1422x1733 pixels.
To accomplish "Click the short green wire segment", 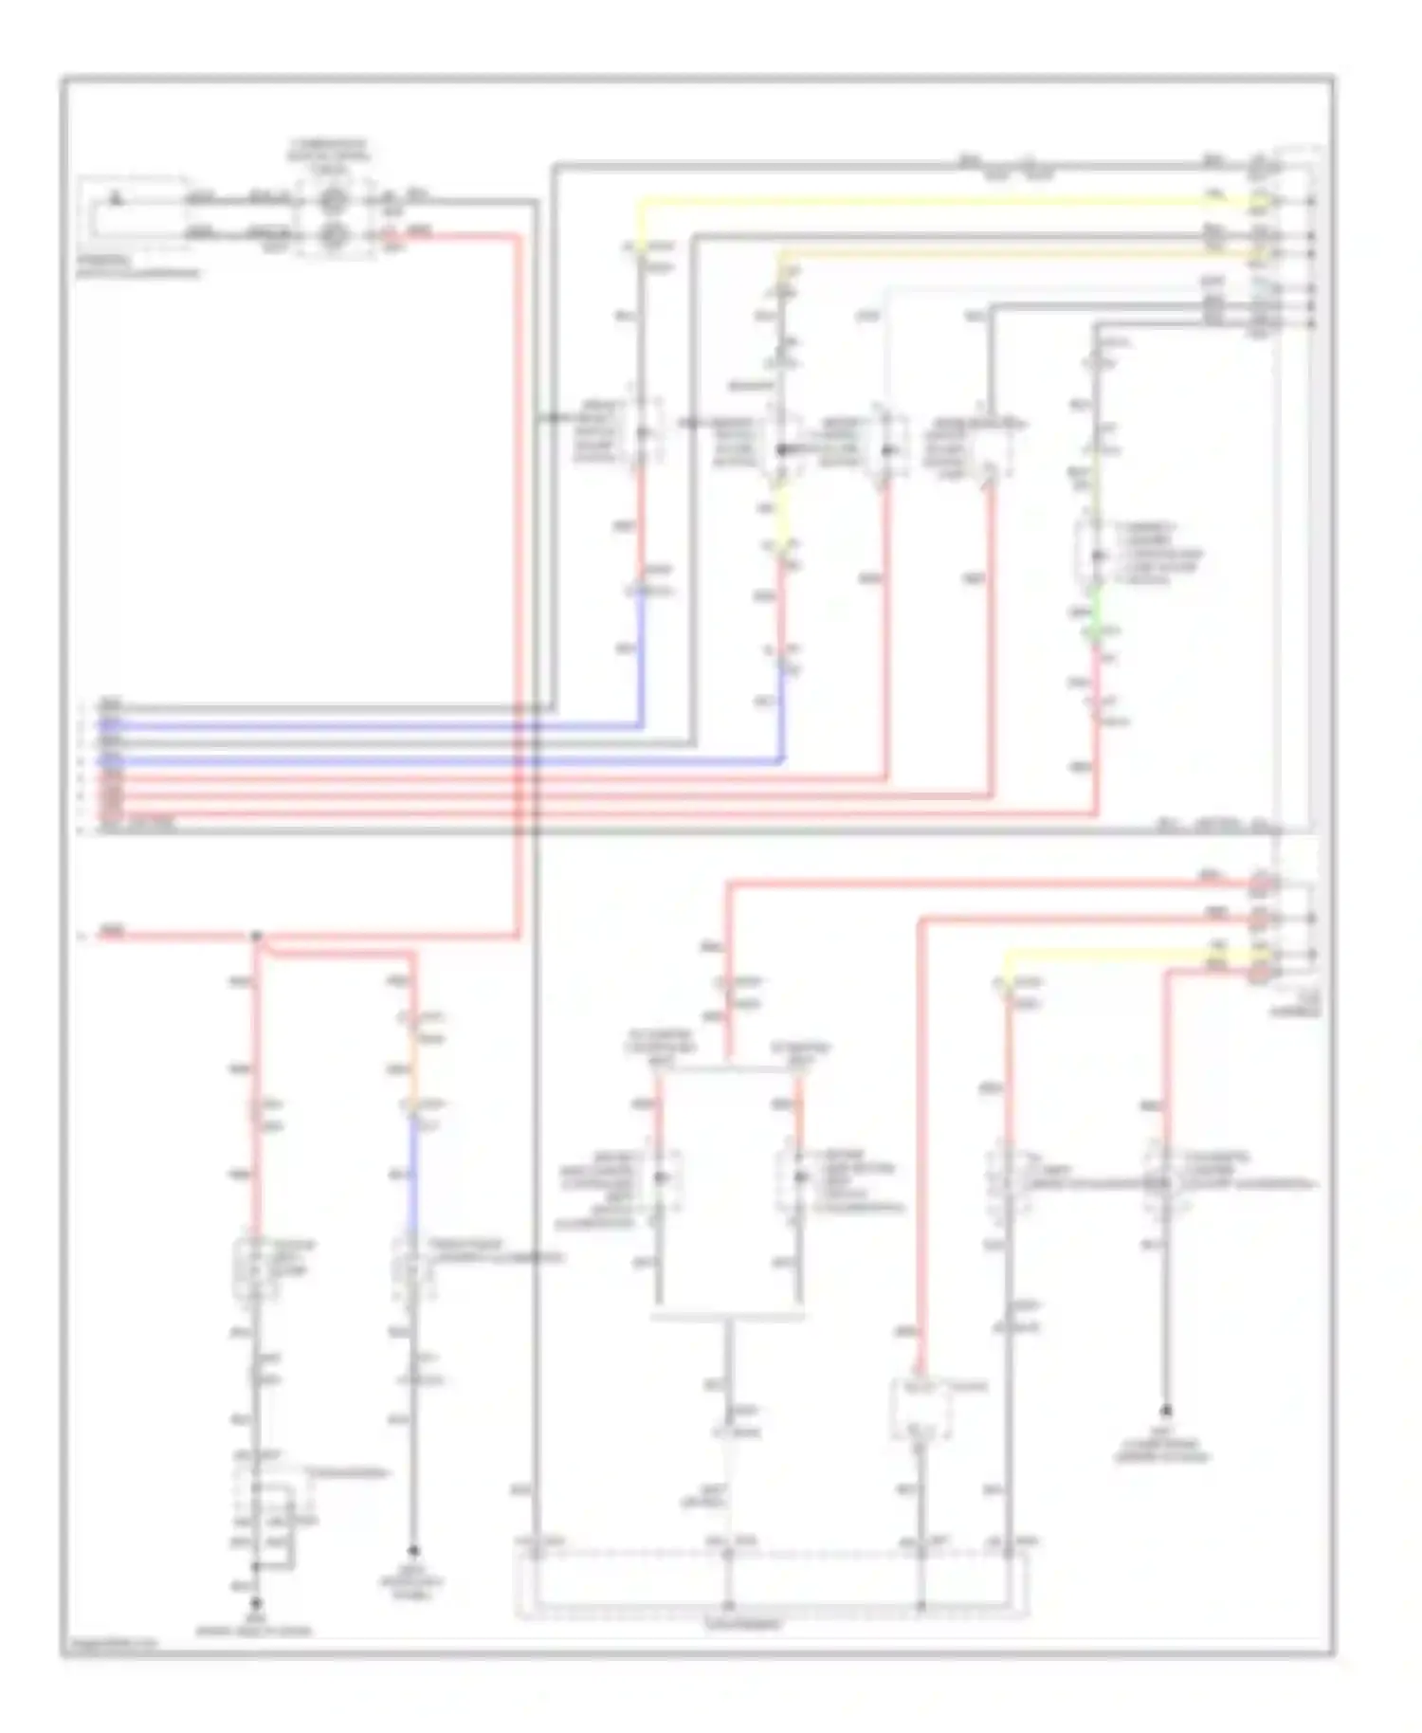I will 1097,608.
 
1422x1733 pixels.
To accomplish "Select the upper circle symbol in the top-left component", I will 332,200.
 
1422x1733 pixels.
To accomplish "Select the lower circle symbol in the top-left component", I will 332,234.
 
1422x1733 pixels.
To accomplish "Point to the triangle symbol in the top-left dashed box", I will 116,200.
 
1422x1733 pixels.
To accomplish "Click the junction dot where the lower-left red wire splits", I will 255,937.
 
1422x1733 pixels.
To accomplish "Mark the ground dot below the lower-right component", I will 1166,1411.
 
